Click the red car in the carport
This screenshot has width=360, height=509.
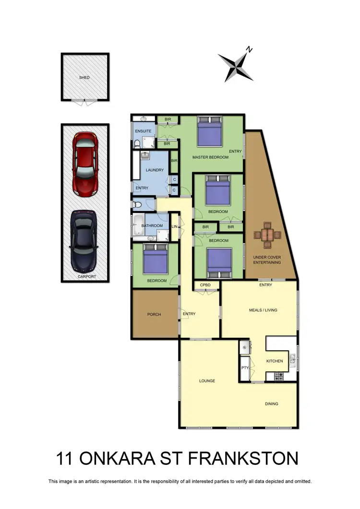pos(85,163)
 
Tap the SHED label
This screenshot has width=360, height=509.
pos(84,77)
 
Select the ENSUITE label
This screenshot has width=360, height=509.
pos(143,131)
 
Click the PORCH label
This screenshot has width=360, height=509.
pos(154,315)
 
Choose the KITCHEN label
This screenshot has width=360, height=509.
pos(275,361)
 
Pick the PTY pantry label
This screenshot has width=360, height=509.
pos(245,368)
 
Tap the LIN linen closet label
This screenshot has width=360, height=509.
pos(174,226)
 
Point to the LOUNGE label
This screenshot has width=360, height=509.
pos(207,381)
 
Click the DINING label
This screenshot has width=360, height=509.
pos(271,403)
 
